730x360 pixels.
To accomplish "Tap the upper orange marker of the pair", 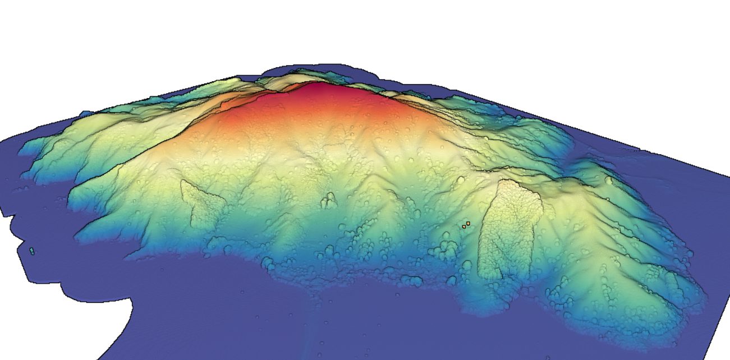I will coord(468,224).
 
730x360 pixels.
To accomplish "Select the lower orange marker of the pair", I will coord(464,227).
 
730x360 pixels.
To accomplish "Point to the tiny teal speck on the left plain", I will coord(32,251).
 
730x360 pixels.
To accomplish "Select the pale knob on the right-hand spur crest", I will coord(609,181).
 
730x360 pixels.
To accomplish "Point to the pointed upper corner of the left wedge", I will coord(182,181).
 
